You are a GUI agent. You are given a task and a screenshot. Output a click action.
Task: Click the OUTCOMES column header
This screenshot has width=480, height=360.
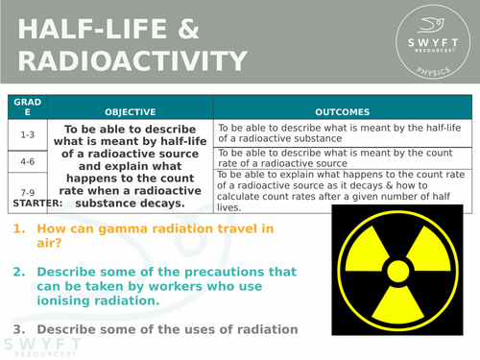344,111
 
